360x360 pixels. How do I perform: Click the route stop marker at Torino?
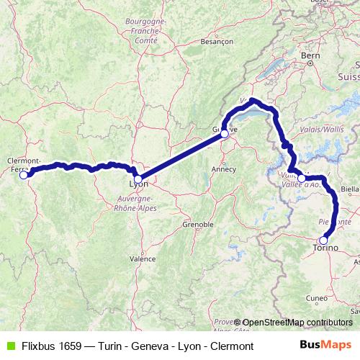coord(323,240)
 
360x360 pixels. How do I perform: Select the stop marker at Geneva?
coord(225,133)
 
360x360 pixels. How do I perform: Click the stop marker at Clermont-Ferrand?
coord(24,174)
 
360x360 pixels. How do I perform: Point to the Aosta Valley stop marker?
coord(301,177)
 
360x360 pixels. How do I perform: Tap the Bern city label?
coord(310,55)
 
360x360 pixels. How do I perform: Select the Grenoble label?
coord(198,225)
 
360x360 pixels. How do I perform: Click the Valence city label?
coord(142,258)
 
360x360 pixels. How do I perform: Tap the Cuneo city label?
coord(317,297)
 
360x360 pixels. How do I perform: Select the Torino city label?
coord(325,249)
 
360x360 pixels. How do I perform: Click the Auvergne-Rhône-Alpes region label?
coord(138,204)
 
